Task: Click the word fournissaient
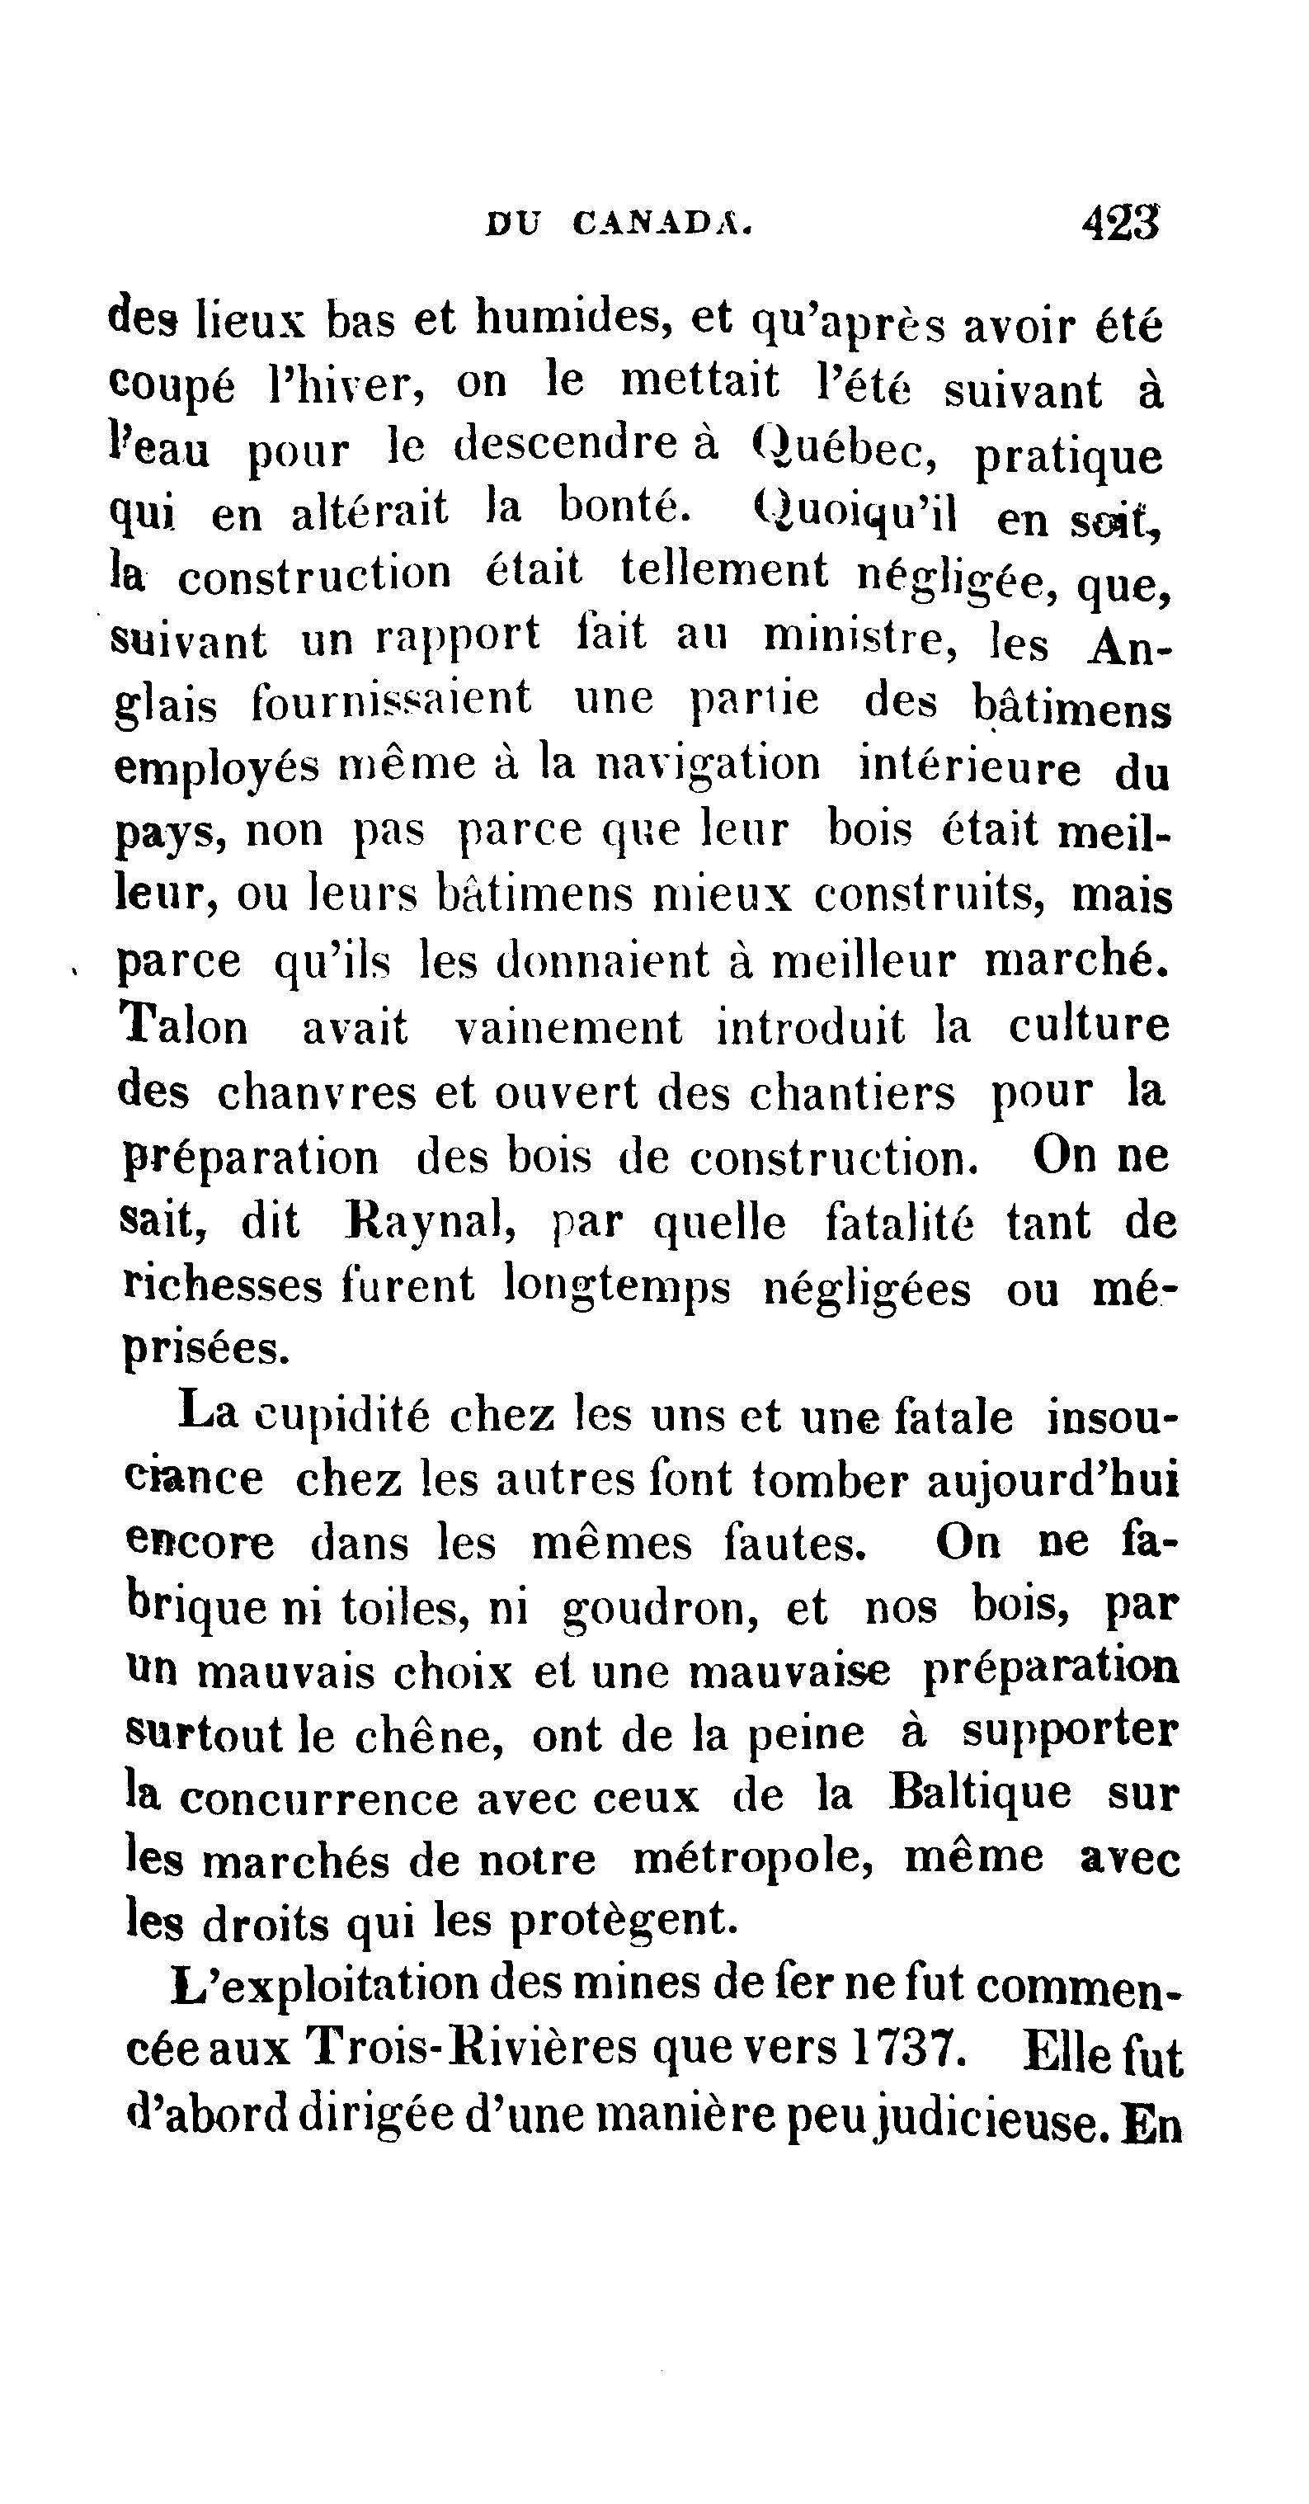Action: pyautogui.click(x=392, y=700)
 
